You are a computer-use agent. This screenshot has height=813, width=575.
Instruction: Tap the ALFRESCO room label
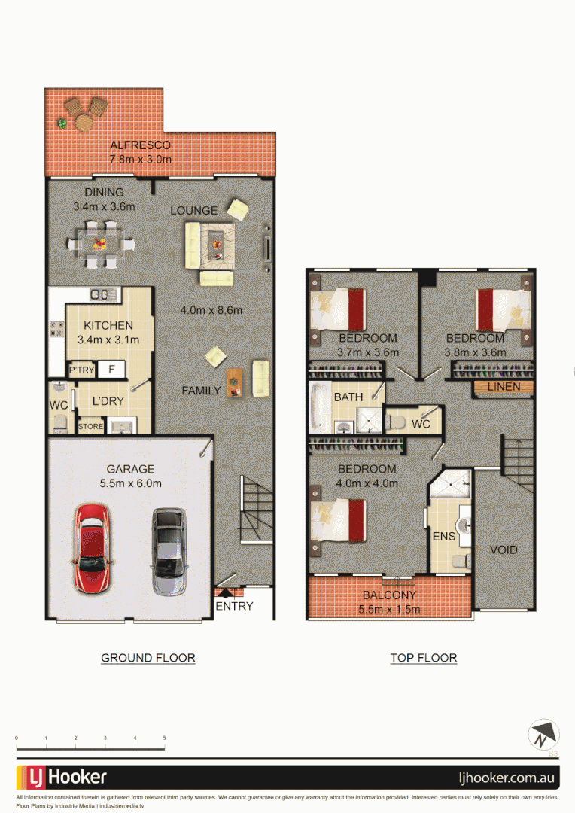point(141,145)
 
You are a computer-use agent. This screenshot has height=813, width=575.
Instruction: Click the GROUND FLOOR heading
point(148,658)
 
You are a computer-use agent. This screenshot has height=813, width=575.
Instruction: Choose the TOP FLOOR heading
point(423,658)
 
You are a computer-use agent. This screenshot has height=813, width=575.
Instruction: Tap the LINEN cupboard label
point(504,387)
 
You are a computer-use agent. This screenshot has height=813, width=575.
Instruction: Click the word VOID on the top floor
point(504,550)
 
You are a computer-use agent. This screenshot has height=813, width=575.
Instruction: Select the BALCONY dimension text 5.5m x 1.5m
point(389,609)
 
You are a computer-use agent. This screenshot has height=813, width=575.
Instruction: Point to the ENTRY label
point(235,606)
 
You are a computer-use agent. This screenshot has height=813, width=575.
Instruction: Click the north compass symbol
point(543,734)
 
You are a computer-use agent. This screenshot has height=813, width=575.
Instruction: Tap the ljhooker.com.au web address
point(507,777)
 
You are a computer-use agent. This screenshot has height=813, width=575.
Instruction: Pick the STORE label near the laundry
point(90,428)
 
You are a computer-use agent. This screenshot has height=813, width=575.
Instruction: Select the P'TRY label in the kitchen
point(80,370)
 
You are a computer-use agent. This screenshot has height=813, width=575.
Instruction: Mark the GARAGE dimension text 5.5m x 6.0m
point(131,483)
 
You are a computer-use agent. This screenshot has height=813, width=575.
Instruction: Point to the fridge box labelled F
point(111,370)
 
